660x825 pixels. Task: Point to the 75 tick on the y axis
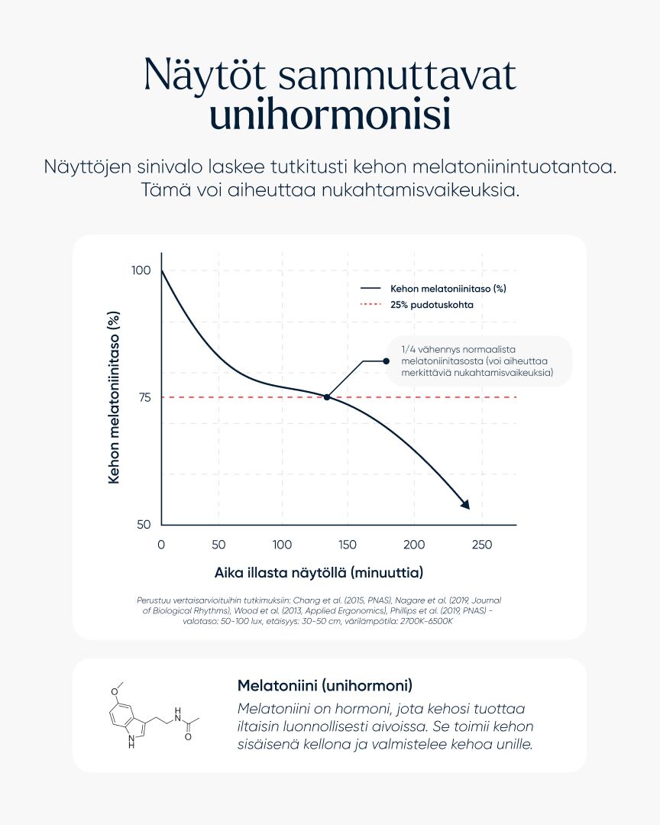click(x=144, y=397)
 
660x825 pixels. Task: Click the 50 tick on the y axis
click(x=144, y=525)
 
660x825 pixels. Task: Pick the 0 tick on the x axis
click(x=161, y=545)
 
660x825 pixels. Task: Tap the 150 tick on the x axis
click(x=347, y=545)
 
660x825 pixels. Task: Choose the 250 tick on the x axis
click(x=481, y=545)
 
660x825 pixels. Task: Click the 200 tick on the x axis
click(x=414, y=545)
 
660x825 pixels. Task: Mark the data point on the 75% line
click(x=327, y=397)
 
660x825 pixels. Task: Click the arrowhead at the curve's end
click(x=464, y=504)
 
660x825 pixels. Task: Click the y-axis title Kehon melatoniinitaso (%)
click(x=115, y=397)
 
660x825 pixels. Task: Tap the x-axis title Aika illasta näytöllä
click(x=319, y=572)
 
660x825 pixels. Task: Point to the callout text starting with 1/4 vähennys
click(x=477, y=361)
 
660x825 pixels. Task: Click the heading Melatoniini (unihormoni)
click(x=325, y=684)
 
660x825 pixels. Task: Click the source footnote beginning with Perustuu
click(x=319, y=611)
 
